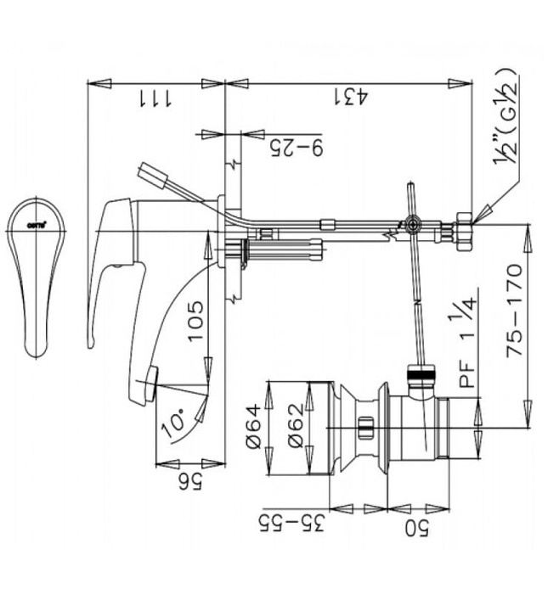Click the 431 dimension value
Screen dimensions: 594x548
[350, 97]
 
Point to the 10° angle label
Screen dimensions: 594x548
[174, 422]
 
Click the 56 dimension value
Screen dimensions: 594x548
[192, 482]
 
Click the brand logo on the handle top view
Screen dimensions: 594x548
[36, 225]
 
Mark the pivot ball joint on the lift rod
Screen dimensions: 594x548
[412, 227]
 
